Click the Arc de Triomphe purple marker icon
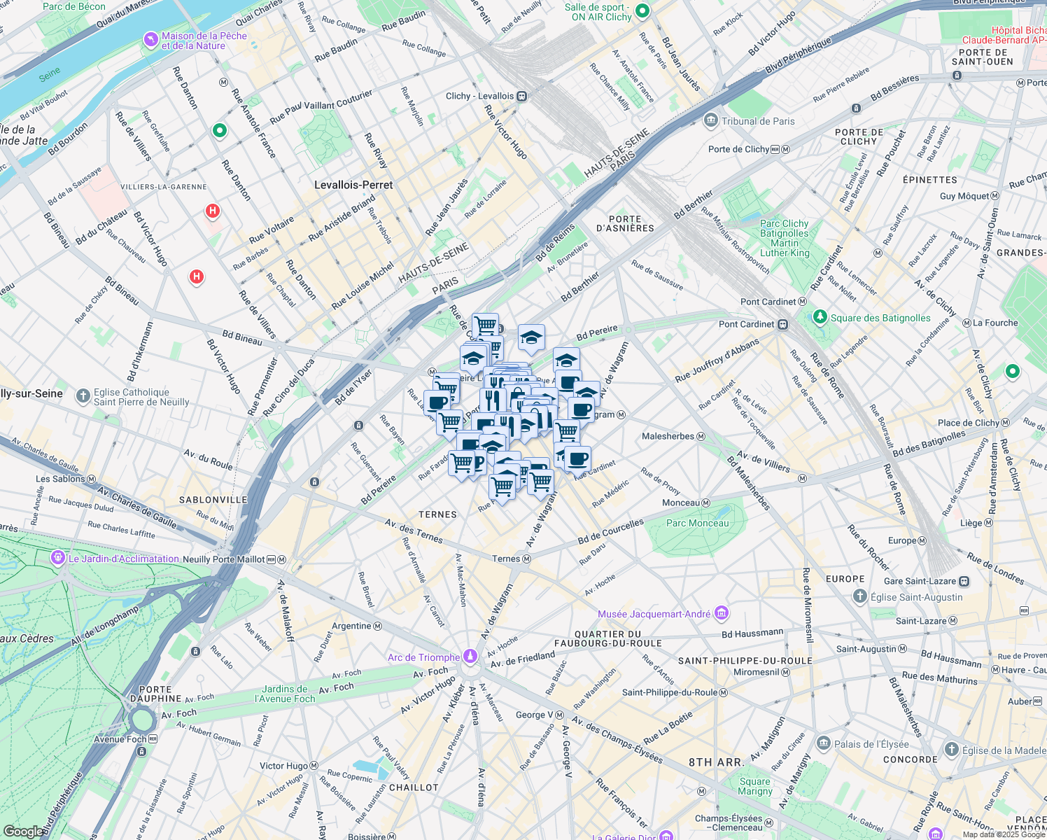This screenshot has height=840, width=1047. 470,657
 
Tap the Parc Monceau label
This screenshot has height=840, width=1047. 697,523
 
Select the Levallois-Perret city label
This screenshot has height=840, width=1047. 353,185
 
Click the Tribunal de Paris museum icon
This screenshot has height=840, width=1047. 711,121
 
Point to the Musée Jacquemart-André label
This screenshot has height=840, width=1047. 654,614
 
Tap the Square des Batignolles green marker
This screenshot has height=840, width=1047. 820,318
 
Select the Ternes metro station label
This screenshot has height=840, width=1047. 506,559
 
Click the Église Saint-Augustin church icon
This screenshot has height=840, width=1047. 860,596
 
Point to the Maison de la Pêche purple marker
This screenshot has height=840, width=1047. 150,40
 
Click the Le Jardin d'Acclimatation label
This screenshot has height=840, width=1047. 123,559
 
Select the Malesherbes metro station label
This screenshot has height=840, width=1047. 668,436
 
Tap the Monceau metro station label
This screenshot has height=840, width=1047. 681,503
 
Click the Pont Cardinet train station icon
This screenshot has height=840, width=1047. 783,325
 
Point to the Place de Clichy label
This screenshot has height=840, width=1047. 968,423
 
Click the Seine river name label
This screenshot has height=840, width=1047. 49,75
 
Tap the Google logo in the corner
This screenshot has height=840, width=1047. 22,831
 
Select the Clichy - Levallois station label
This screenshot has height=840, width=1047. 479,96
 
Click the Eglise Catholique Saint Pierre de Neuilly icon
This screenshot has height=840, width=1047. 83,397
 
